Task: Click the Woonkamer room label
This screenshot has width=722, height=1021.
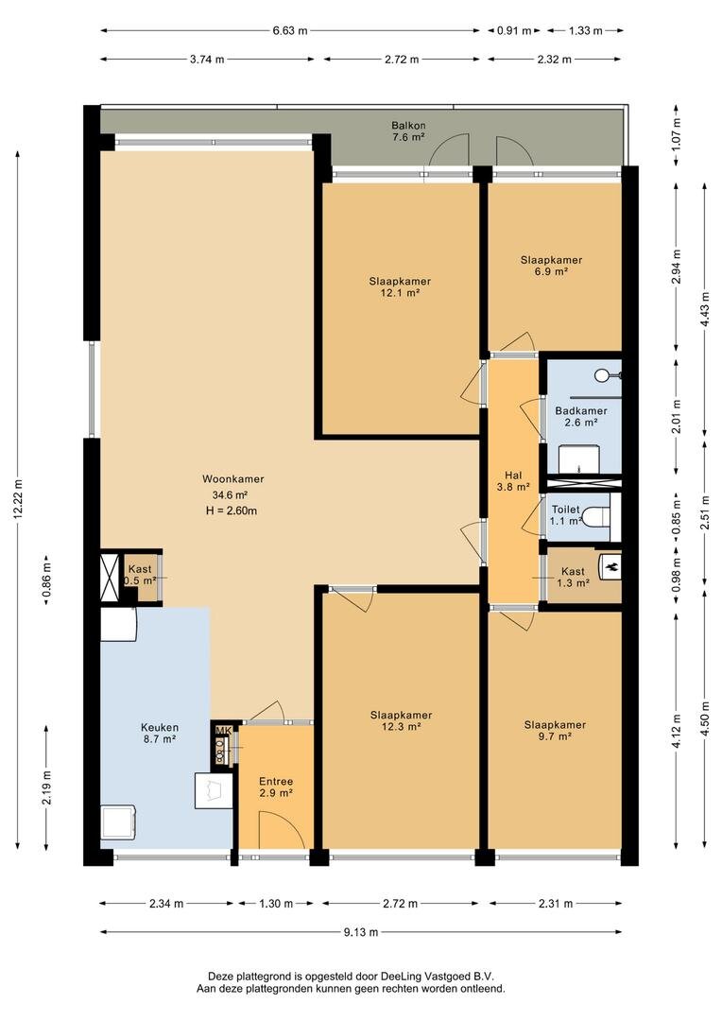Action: point(233,479)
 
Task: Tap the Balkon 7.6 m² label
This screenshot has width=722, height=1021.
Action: point(408,130)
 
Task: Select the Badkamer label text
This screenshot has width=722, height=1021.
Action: point(581,411)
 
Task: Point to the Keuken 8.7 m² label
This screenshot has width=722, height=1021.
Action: point(160,734)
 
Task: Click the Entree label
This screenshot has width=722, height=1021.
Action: point(276,782)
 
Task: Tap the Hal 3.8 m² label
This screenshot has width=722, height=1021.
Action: point(513,480)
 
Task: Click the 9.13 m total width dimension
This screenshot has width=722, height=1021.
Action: point(361,932)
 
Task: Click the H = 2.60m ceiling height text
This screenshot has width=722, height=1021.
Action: point(232,510)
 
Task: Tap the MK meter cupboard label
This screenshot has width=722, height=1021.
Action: point(223,729)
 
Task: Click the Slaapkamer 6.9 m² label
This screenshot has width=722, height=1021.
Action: point(552,266)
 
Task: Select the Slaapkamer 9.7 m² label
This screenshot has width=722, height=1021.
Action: point(556,731)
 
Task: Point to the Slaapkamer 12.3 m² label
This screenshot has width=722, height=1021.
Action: point(401,720)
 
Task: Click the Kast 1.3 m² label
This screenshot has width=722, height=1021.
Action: point(573,578)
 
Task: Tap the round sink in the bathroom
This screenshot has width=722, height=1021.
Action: point(603,375)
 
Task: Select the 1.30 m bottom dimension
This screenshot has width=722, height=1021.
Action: point(276,903)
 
